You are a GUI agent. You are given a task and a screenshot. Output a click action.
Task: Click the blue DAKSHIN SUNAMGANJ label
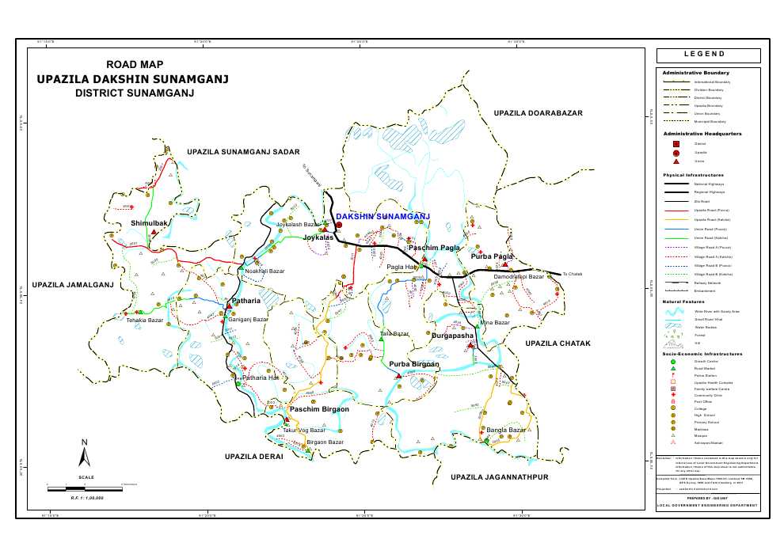click(382, 215)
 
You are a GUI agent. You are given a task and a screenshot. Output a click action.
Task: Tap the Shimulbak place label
click(150, 224)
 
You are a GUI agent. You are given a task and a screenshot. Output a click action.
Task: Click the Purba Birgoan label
click(413, 363)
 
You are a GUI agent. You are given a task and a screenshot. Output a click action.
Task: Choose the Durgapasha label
click(452, 336)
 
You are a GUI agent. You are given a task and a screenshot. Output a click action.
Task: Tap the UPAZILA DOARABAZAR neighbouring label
click(538, 114)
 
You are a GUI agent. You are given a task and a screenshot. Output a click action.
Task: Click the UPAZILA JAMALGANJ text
click(73, 284)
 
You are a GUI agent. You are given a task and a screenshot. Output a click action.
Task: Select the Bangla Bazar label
click(506, 431)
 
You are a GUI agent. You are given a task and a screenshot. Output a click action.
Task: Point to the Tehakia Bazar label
click(144, 321)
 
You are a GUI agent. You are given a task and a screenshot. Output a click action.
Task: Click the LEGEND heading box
click(708, 55)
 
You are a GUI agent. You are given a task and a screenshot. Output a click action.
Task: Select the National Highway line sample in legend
click(676, 184)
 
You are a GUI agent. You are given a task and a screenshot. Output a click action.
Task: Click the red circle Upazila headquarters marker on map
click(339, 225)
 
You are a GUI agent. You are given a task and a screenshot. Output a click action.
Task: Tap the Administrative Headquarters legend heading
click(702, 134)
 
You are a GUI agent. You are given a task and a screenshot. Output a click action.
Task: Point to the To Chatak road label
click(572, 274)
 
